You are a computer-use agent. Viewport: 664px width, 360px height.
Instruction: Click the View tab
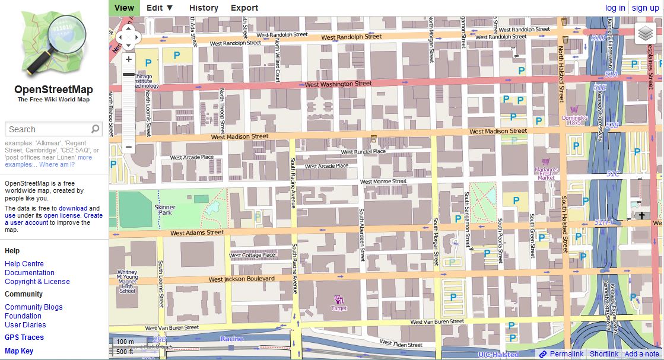point(124,8)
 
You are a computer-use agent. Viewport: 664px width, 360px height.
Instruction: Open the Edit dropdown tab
point(160,8)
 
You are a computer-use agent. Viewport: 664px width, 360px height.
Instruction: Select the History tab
point(204,8)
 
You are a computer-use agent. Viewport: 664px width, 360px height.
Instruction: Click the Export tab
point(244,8)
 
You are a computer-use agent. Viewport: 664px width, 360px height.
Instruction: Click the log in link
point(615,8)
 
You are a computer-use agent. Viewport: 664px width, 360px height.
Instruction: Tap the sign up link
point(645,8)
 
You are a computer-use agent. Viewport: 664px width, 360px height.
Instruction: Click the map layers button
point(645,34)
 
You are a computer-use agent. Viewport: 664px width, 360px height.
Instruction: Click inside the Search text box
point(47,129)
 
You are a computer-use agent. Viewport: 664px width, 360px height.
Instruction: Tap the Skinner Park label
point(164,209)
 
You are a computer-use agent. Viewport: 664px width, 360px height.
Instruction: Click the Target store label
point(339,308)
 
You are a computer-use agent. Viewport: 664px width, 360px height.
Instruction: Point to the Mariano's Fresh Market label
point(545,173)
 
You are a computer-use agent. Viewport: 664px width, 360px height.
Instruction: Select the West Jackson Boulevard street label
point(242,279)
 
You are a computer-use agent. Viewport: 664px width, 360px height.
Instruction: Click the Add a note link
point(641,354)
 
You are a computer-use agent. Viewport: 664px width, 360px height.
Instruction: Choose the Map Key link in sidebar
point(19,351)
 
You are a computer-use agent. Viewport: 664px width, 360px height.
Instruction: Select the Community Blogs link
point(33,307)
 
